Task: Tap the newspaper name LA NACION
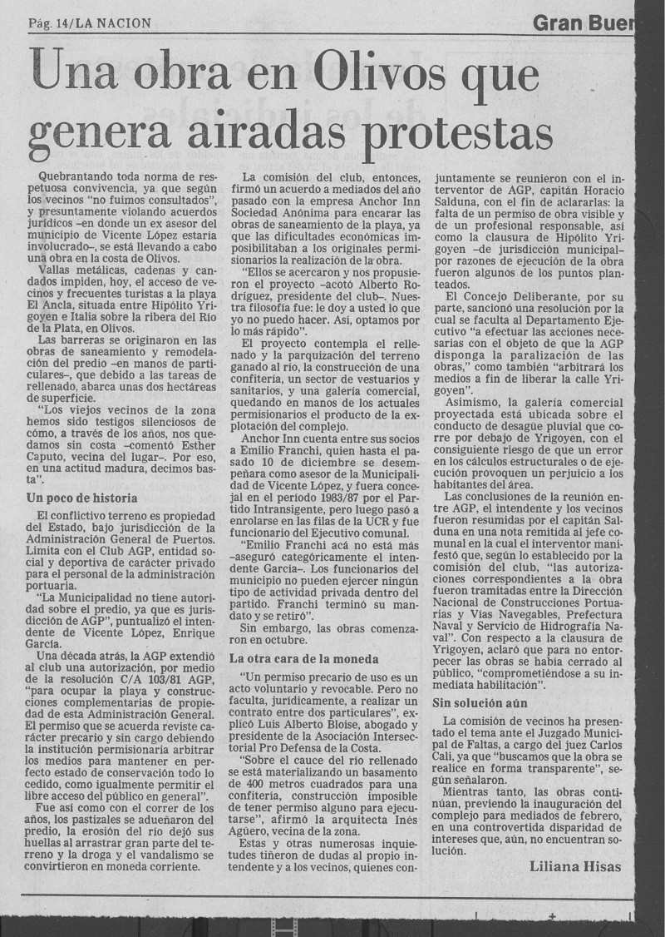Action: tap(112, 24)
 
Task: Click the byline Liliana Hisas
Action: tap(574, 866)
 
